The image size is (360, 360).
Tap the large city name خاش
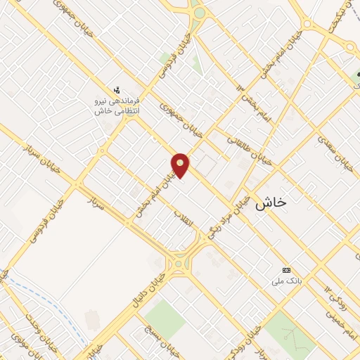271,202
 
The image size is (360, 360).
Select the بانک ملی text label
286,281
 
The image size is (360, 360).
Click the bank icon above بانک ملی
286,270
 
